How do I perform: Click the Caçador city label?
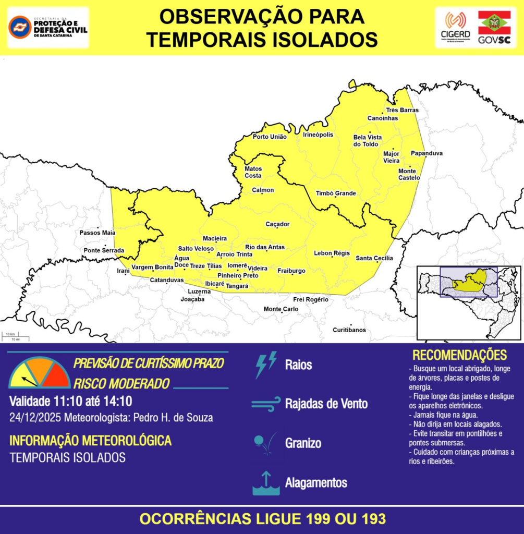point(277,224)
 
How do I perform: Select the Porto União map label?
point(270,137)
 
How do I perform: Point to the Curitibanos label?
point(349,330)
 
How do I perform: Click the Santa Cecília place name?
point(374,258)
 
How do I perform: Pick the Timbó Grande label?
point(336,193)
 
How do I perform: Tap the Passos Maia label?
point(98,233)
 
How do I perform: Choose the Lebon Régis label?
point(332,253)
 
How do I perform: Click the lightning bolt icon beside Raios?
point(265,364)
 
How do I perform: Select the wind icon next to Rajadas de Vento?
point(265,404)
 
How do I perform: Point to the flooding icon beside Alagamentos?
point(265,483)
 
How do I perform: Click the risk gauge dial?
point(40,373)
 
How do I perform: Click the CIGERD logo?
point(455,28)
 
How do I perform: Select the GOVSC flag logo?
point(494,28)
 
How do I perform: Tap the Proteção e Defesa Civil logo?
point(48,27)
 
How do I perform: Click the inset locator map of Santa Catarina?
point(468,302)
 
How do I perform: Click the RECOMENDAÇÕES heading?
point(459,355)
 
